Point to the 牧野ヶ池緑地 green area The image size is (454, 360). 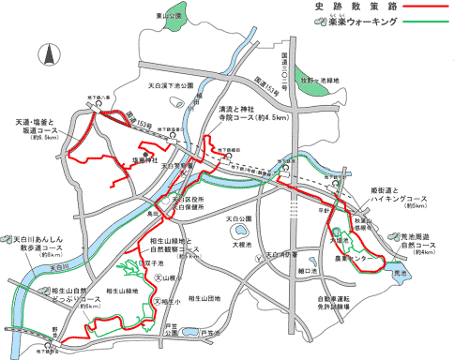pos(310,81)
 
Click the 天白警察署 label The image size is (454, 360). pos(179,166)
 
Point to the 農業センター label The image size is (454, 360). pos(355,257)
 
